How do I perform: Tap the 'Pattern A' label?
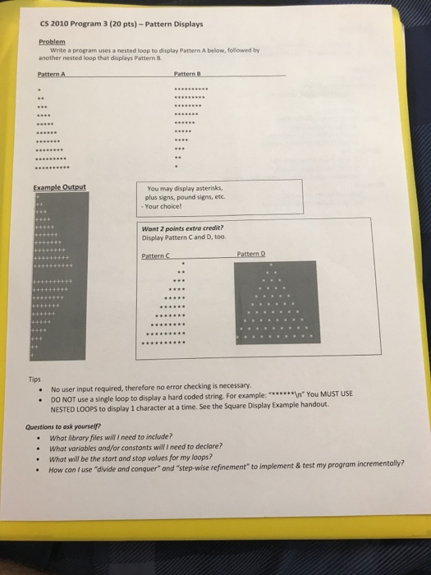(x=51, y=74)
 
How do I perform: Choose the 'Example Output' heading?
(x=60, y=187)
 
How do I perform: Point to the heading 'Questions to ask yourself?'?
(x=67, y=426)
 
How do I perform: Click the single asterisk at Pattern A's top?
(x=38, y=88)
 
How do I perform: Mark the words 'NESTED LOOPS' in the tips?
(x=74, y=408)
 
